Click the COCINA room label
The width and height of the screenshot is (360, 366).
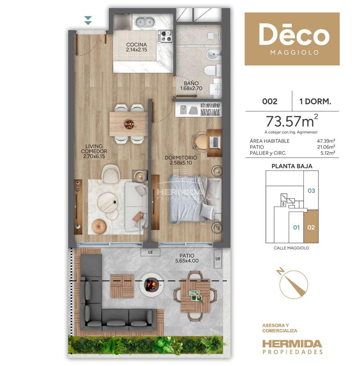[x=136, y=45]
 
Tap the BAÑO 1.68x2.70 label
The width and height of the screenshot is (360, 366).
[x=191, y=86]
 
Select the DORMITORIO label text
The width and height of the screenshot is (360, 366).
[x=181, y=158]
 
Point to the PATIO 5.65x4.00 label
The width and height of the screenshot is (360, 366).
[x=187, y=258]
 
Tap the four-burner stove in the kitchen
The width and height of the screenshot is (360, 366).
[x=165, y=37]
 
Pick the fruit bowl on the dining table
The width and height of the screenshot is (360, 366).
[x=129, y=124]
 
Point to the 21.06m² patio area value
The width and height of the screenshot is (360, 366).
[x=326, y=147]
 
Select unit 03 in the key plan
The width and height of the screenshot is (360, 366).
[x=311, y=191]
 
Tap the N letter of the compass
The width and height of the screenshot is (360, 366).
[x=280, y=271]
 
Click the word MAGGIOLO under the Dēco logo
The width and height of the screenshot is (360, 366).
[x=294, y=53]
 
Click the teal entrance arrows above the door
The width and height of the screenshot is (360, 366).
[x=88, y=20]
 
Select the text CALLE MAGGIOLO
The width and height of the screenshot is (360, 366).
[x=291, y=248]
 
